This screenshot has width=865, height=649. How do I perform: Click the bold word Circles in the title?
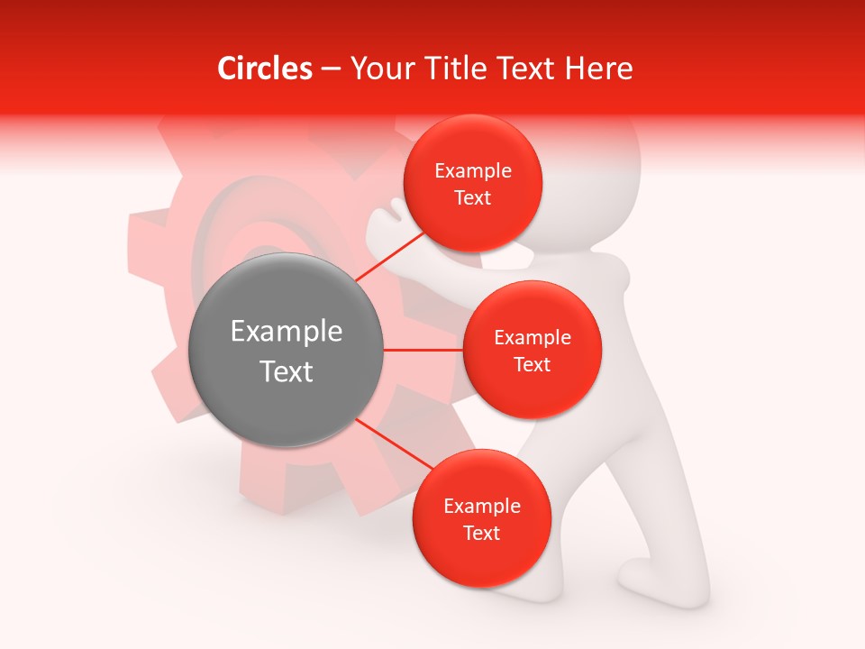click(x=264, y=69)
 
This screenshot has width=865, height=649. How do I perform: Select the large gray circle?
click(x=287, y=350)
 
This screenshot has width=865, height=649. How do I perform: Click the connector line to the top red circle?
click(x=390, y=256)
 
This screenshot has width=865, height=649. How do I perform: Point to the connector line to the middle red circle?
click(x=423, y=350)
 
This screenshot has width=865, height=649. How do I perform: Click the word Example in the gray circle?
click(x=287, y=332)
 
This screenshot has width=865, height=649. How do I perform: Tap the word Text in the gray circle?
click(x=287, y=371)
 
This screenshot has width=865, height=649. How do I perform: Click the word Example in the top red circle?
click(x=473, y=171)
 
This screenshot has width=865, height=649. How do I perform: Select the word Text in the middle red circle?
click(x=533, y=364)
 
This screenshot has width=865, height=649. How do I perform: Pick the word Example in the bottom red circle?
click(x=482, y=507)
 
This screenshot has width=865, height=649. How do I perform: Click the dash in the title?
click(x=331, y=69)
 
